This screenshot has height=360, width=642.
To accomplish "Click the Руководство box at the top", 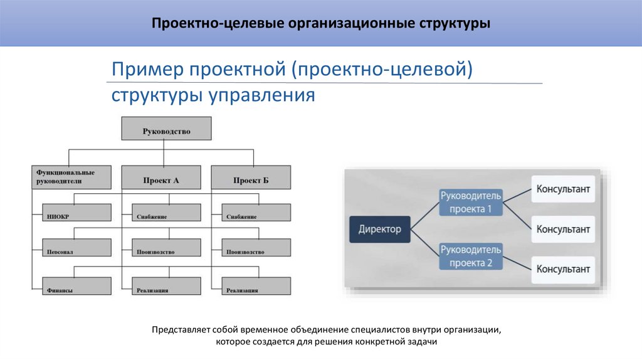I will coord(166,132).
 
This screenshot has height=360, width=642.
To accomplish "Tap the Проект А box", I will coord(160,180).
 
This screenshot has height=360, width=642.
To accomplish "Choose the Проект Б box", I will coord(251,180).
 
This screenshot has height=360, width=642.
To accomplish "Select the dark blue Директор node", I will coord(379,229).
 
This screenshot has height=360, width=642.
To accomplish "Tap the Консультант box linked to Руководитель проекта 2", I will coord(563,270).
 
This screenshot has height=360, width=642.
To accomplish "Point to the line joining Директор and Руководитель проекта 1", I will coord(425,215).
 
